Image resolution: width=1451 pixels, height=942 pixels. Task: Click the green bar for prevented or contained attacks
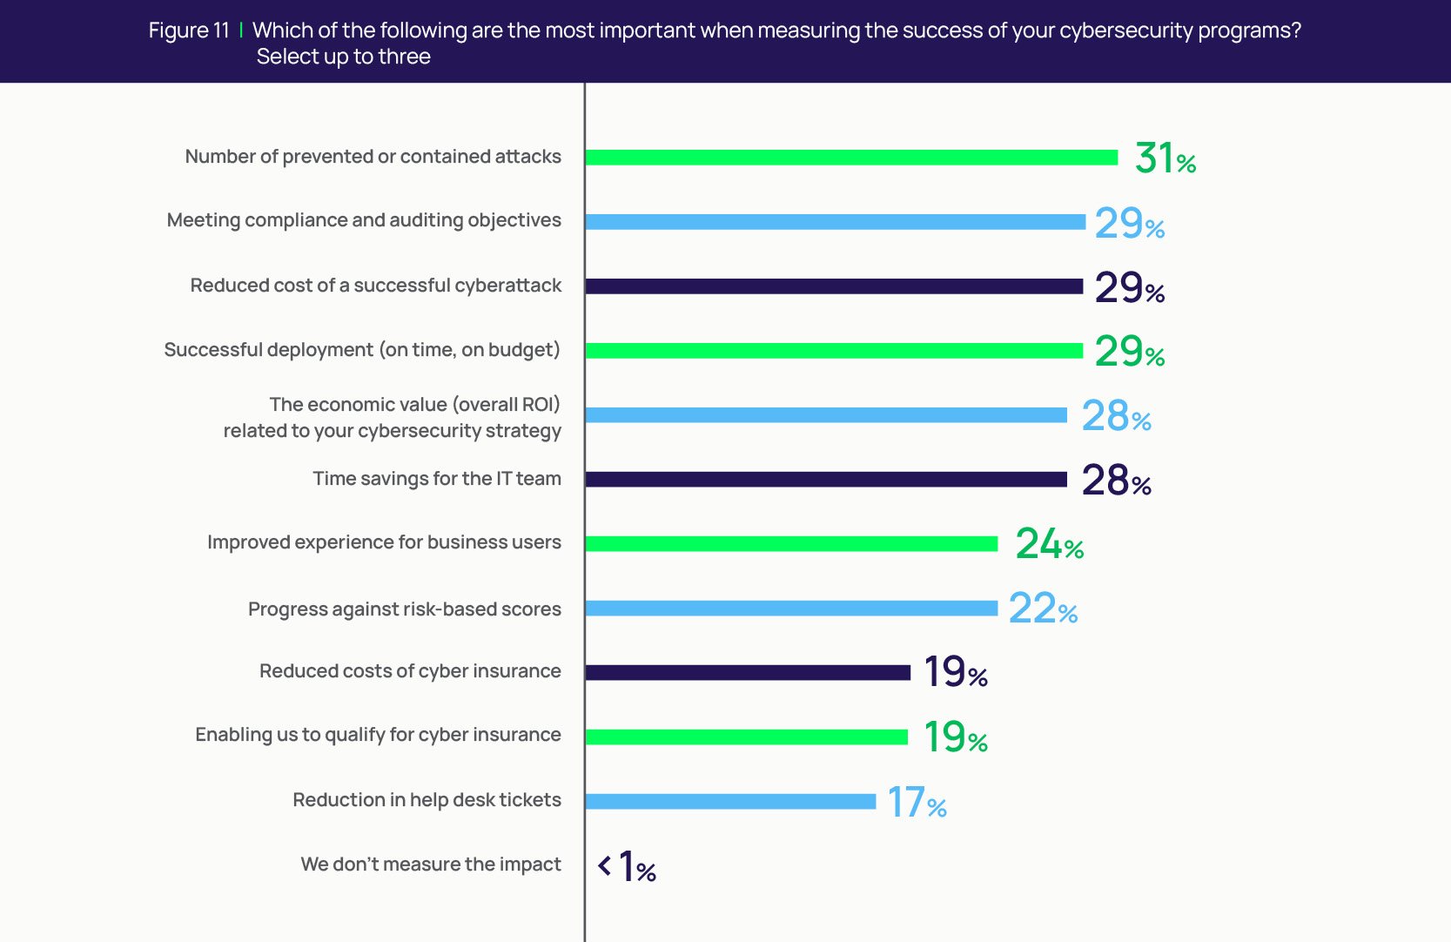point(851,158)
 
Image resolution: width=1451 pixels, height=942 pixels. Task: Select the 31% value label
point(1165,158)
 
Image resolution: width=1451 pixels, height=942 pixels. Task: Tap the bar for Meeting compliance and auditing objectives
point(836,222)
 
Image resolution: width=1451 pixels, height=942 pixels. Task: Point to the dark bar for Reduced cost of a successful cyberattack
point(834,286)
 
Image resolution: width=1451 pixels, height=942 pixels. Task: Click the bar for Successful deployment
point(834,351)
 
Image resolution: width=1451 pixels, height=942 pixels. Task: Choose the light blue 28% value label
point(1116,416)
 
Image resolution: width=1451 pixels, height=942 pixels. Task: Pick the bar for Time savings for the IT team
point(826,480)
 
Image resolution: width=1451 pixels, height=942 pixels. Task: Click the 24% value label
point(1049,544)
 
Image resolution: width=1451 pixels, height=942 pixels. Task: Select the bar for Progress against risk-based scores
point(791,609)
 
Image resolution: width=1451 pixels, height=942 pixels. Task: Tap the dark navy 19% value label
point(955,672)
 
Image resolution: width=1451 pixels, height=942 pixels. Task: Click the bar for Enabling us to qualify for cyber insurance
point(747,737)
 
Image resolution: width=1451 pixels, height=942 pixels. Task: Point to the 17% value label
point(917,803)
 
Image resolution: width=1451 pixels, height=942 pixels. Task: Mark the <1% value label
point(627,867)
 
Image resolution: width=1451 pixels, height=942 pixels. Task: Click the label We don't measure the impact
point(431,865)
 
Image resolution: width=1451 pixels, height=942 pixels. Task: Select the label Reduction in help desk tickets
point(427,800)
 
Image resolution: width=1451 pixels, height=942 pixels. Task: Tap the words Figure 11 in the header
point(188,30)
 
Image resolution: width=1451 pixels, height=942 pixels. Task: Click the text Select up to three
point(343,57)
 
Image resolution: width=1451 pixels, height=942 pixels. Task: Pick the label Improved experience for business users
point(384,542)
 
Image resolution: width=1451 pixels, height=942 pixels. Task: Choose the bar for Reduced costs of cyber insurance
point(748,673)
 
